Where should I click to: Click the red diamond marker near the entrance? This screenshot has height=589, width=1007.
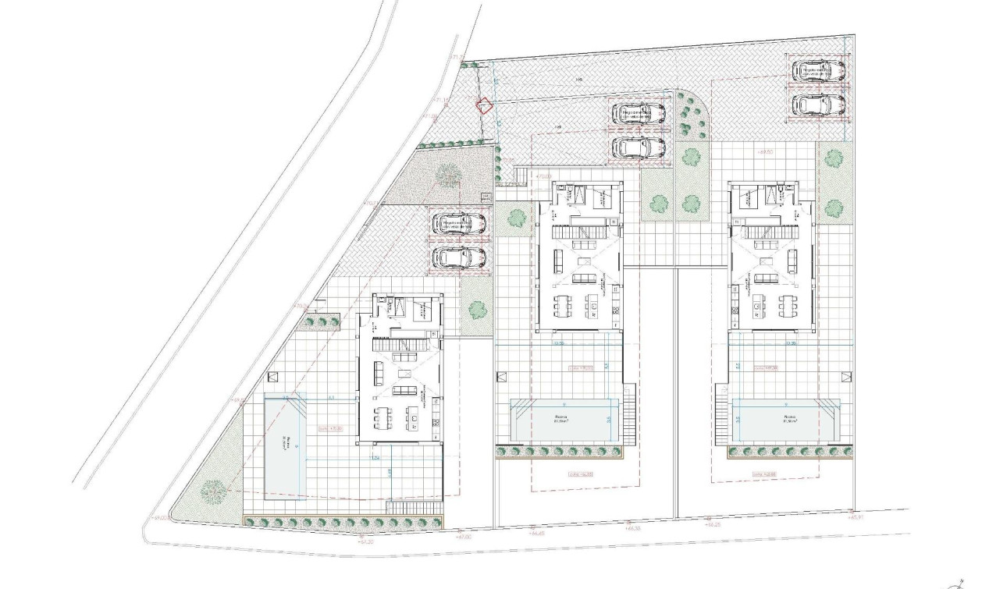point(485,105)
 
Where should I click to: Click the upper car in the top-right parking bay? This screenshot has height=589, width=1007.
point(819,72)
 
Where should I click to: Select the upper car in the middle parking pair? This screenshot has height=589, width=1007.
point(639,115)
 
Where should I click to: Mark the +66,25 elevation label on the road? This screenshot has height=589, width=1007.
point(712,524)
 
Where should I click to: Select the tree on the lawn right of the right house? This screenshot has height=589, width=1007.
point(834,208)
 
